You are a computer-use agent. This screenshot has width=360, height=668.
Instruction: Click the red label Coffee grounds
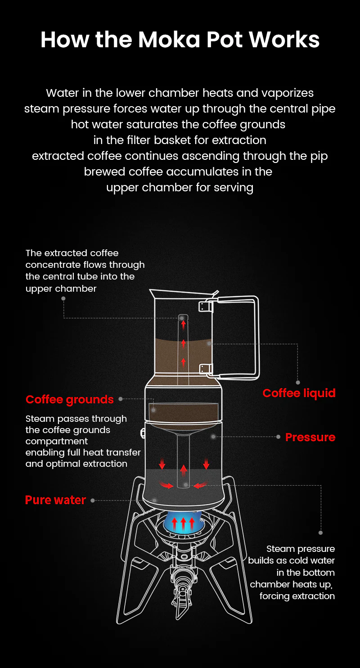70,399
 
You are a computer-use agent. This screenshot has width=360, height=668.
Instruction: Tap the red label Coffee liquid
299,393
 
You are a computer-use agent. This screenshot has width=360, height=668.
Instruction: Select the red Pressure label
310,437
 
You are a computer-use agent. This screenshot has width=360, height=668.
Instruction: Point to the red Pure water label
55,500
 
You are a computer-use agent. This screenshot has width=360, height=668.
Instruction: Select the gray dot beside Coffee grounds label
121,399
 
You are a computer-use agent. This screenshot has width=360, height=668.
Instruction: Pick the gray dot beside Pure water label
92,500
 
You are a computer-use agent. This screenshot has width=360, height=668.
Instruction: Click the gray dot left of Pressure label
279,437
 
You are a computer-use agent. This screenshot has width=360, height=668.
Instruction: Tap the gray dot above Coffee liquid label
298,383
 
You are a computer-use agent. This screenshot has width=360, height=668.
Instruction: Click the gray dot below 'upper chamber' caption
63,298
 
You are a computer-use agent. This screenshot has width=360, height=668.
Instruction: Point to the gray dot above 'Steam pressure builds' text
321,533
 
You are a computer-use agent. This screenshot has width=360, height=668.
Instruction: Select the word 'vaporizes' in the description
287,93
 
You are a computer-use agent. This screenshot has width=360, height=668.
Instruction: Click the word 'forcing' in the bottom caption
275,596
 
